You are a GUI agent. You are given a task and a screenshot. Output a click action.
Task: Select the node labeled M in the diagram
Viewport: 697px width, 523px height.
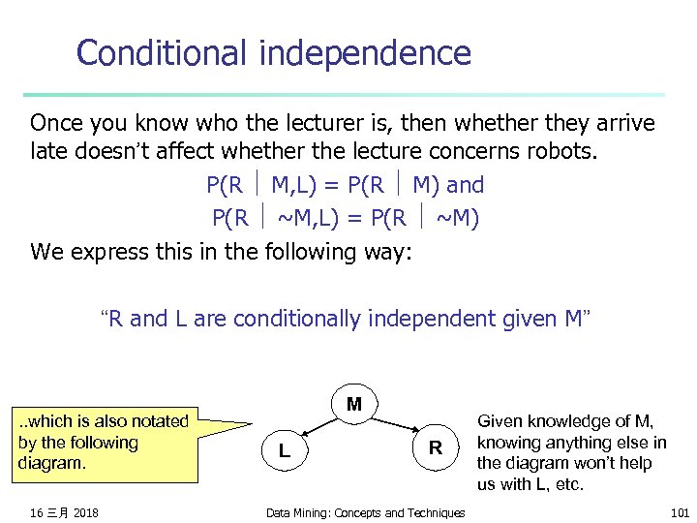click(x=354, y=403)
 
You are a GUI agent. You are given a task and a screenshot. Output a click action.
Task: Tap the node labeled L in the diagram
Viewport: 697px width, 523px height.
click(x=283, y=449)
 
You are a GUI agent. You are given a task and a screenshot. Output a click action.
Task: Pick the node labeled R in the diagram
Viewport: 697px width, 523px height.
click(x=436, y=447)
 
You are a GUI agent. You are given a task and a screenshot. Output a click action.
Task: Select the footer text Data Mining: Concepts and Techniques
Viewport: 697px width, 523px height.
click(x=365, y=512)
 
